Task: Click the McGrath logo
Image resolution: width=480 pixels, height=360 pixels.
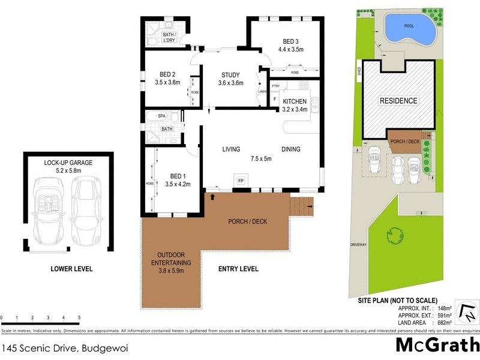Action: coord(437,346)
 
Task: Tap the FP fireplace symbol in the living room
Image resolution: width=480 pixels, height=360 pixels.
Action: coord(241,181)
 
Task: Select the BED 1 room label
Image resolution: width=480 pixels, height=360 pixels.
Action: coord(177,176)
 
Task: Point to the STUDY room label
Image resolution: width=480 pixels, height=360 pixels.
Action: coord(230,75)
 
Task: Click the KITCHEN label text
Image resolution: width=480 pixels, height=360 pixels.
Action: coord(295,101)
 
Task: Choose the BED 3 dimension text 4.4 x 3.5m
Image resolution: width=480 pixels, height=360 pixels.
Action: coord(295,50)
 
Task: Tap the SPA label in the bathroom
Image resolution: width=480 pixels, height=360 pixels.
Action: coord(161,115)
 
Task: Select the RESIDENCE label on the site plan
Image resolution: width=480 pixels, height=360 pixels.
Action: coord(398,101)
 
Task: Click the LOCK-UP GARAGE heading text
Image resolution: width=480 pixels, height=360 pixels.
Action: coord(68,163)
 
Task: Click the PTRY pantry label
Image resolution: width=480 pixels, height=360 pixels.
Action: coord(275,86)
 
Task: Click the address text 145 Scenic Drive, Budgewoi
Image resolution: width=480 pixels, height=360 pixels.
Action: coord(65,347)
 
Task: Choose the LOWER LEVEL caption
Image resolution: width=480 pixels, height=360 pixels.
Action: coord(72,269)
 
